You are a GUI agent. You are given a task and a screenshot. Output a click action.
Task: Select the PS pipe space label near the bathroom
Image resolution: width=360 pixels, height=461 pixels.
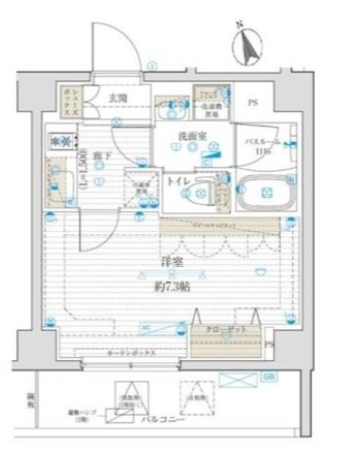pyautogui.click(x=253, y=103)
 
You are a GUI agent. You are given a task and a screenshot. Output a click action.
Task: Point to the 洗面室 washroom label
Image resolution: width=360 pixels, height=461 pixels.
pyautogui.click(x=192, y=136)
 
